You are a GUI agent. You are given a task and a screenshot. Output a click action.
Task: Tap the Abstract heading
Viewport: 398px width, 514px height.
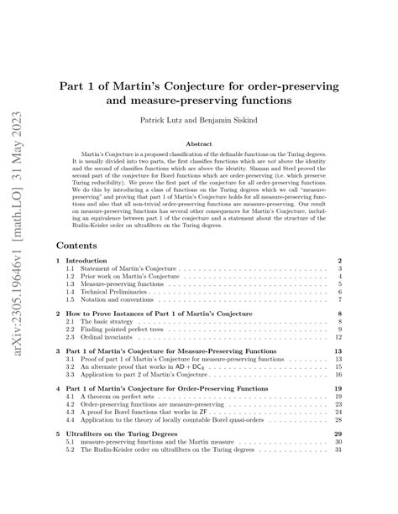(x=198, y=143)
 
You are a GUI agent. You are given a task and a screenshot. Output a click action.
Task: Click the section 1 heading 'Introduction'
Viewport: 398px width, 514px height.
(x=88, y=261)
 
